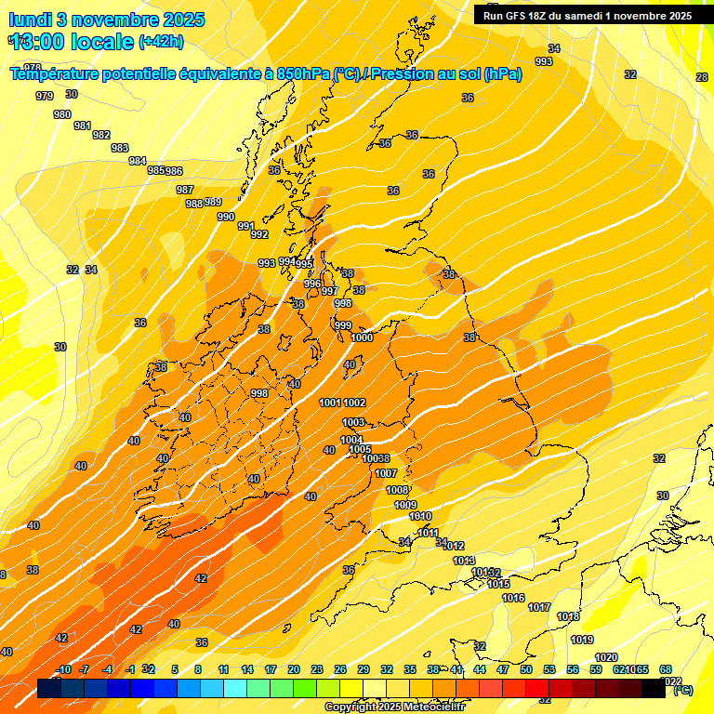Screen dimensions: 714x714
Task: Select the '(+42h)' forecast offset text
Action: pos(161,41)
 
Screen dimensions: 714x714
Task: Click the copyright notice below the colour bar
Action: pos(393,707)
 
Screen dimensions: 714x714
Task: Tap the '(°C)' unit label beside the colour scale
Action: pos(681,690)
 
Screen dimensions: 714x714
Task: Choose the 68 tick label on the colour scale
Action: pos(666,669)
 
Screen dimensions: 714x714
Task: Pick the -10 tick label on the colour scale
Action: pos(63,669)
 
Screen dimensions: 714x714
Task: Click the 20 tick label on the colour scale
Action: pos(294,669)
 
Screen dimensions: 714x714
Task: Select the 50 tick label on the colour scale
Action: pos(526,669)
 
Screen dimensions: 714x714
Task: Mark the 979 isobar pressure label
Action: pos(44,97)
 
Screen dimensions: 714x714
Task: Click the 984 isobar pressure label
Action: pos(138,161)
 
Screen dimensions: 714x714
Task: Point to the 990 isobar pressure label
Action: pos(226,217)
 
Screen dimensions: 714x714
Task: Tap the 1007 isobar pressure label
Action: pos(386,474)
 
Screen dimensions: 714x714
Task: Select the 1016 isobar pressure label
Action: pos(513,599)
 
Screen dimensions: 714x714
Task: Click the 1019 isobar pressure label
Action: pos(582,640)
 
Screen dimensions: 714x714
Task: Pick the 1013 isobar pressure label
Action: pos(464,562)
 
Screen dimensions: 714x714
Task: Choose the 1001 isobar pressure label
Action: pos(330,403)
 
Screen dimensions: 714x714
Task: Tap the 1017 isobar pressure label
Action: pos(539,607)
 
